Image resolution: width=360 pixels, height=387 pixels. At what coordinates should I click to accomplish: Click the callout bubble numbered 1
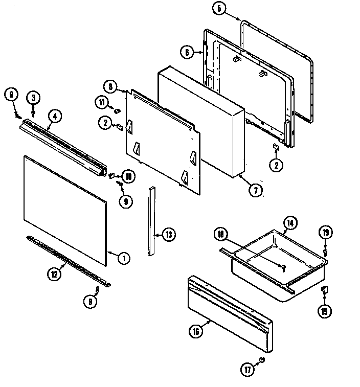click(123, 258)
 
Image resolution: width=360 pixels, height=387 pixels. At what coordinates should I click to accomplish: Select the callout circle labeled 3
click(34, 97)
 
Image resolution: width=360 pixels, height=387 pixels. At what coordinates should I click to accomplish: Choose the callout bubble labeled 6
click(187, 51)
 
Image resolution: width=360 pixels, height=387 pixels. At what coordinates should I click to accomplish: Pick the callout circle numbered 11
click(102, 103)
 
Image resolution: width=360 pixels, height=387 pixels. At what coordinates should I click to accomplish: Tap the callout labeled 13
click(168, 235)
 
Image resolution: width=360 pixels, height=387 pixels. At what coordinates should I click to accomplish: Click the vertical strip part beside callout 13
click(151, 220)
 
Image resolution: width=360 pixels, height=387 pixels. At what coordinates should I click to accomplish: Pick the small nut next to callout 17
click(262, 360)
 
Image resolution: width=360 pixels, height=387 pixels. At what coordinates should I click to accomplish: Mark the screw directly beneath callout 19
click(325, 251)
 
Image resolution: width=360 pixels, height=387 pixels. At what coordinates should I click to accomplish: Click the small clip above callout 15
click(324, 290)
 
